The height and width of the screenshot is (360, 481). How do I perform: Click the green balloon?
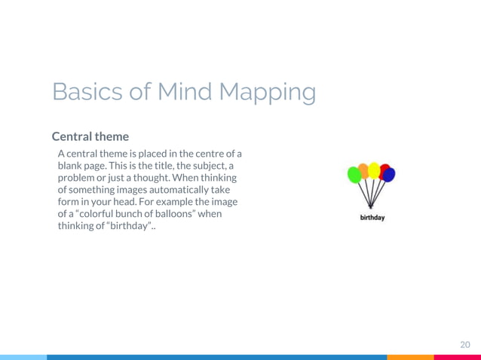tap(354, 175)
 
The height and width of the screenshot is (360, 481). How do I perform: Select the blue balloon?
tap(389, 175)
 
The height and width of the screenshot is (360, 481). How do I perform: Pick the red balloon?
tap(384, 169)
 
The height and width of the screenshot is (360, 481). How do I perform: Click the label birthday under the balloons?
tap(372, 218)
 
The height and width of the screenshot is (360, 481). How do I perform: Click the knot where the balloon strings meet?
tap(370, 206)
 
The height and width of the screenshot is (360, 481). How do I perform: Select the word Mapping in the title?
tap(267, 93)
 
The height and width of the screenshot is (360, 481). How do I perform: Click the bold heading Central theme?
tap(90, 137)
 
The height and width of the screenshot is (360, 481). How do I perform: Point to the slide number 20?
tap(465, 344)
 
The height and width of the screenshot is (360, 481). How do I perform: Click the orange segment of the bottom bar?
tap(410, 357)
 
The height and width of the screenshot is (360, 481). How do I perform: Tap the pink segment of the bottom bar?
tap(457, 357)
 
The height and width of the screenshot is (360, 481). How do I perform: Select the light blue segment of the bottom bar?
tap(23, 357)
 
